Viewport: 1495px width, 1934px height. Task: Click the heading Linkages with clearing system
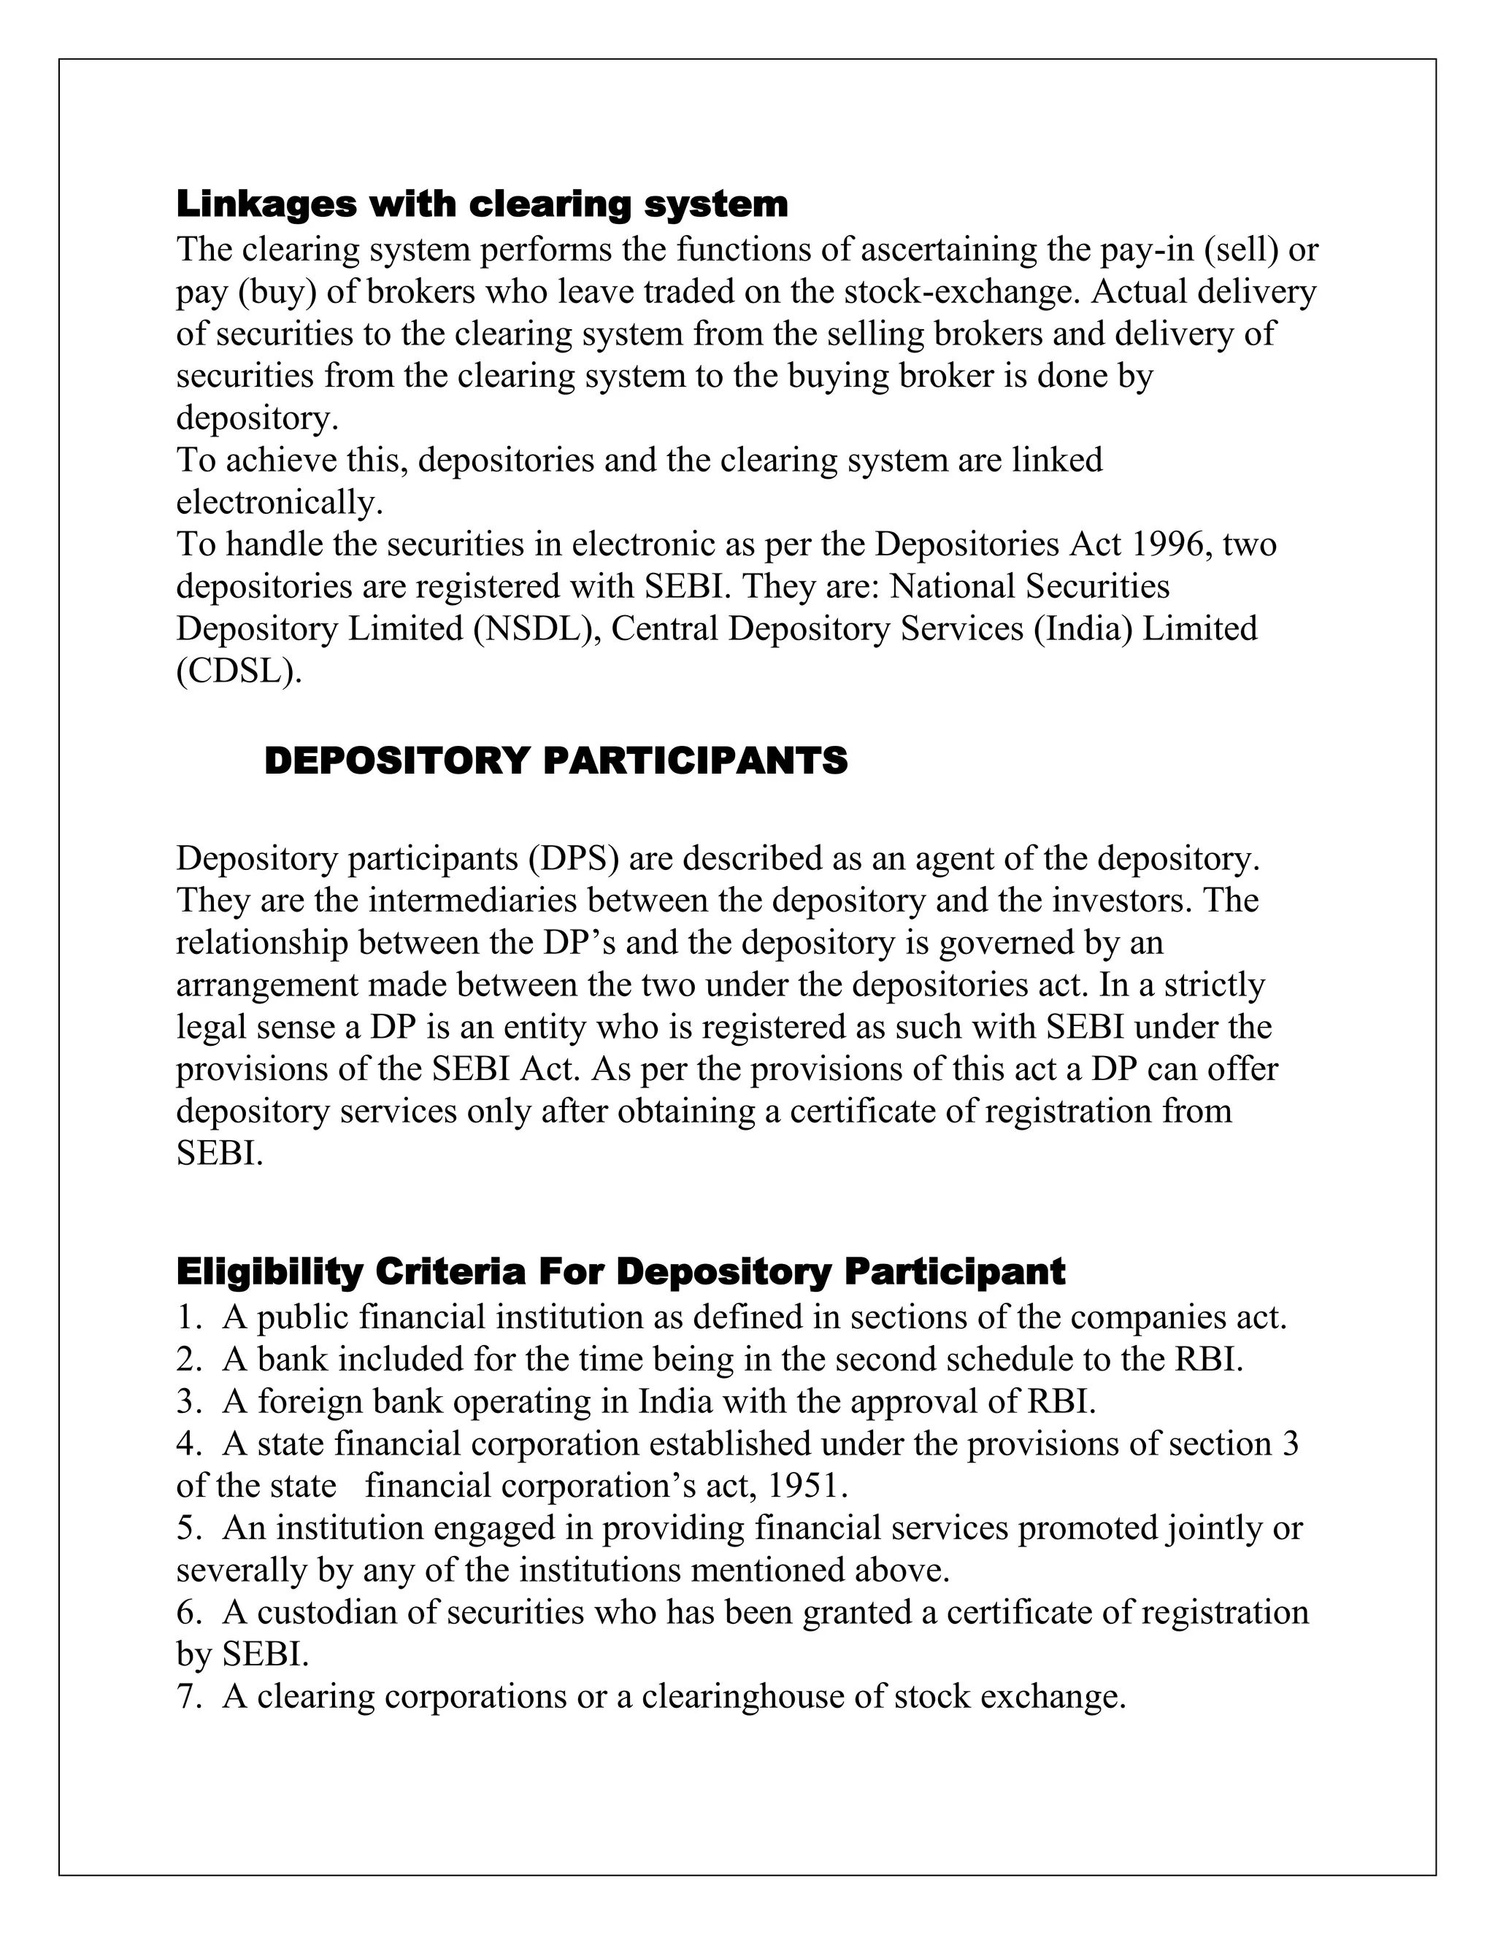tap(482, 204)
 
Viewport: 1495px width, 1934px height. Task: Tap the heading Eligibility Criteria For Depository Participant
tap(620, 1271)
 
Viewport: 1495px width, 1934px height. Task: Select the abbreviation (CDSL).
tap(239, 671)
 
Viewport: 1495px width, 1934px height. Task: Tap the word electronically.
tap(279, 502)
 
